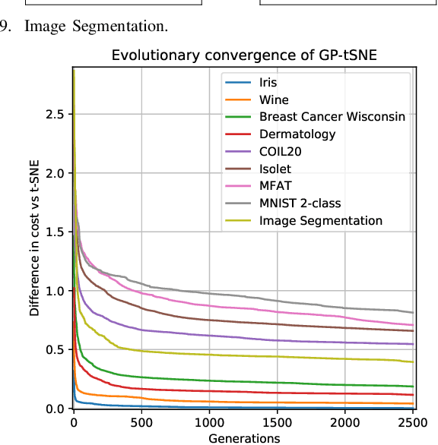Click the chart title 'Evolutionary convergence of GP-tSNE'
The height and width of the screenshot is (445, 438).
click(243, 55)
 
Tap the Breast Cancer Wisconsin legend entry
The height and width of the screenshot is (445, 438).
click(332, 117)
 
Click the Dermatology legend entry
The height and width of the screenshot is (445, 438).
click(297, 134)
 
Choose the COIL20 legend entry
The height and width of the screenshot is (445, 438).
click(281, 151)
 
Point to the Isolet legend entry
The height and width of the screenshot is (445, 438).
click(275, 169)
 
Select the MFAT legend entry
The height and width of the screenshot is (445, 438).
click(275, 186)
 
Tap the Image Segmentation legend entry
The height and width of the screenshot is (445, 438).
click(320, 221)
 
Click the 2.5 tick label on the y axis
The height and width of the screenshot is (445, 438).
click(55, 115)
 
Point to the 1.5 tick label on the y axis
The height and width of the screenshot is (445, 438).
click(55, 232)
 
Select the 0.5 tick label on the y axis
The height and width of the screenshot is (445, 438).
click(55, 350)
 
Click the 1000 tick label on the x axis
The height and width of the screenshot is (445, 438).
click(208, 421)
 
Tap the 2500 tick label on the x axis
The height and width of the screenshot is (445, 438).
click(413, 421)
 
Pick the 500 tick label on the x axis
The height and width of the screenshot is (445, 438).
click(141, 421)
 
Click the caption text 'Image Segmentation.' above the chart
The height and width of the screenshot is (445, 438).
click(96, 27)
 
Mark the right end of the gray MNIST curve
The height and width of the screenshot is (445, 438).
click(413, 312)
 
